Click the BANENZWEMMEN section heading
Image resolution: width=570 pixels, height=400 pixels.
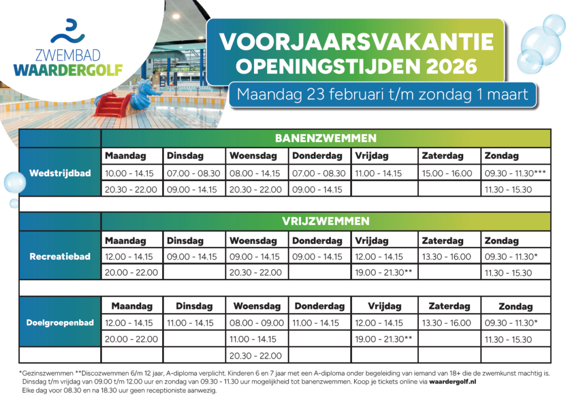[x=326, y=138]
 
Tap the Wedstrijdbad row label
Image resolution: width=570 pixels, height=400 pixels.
[x=60, y=173]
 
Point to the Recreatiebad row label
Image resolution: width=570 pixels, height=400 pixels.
[x=60, y=257]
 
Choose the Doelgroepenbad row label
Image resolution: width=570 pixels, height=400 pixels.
[x=60, y=323]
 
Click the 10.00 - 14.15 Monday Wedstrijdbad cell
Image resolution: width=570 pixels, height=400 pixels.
[x=131, y=173]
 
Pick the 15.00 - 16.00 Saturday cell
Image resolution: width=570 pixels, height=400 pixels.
[x=447, y=173]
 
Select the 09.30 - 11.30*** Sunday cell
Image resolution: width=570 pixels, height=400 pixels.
[x=515, y=173]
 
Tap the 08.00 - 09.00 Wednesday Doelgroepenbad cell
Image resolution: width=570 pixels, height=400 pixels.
[x=257, y=323]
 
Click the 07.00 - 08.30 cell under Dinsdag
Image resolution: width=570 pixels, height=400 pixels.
[x=193, y=173]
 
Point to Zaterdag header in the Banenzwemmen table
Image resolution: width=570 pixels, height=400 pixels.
[x=443, y=156]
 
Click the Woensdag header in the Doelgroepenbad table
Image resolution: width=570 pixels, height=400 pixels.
[x=257, y=306]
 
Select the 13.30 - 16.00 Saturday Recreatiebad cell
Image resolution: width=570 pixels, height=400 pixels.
[x=447, y=257]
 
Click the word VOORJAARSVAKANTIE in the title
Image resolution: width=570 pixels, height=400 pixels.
[x=356, y=42]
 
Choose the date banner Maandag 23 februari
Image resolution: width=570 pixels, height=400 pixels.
[x=382, y=94]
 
